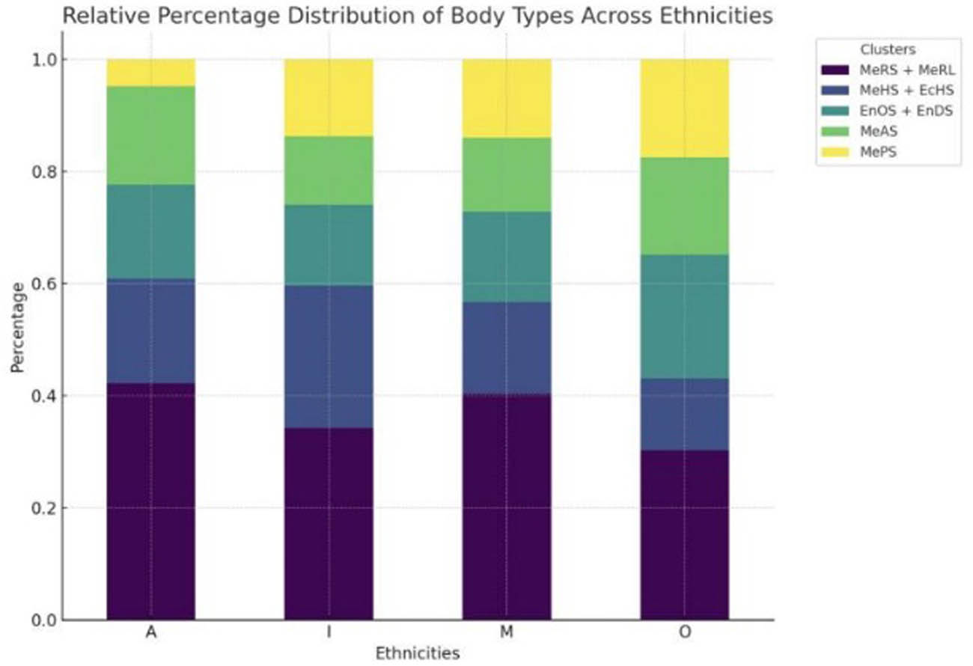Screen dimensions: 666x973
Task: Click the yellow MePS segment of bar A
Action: (151, 73)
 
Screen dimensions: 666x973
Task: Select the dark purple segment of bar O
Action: (684, 534)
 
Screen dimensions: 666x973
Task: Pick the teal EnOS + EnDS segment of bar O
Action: (684, 317)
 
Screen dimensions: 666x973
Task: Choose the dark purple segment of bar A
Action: (151, 501)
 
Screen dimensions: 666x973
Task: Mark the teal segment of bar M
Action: (507, 257)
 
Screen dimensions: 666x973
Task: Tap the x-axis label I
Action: (329, 632)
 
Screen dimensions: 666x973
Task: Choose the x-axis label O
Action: (684, 632)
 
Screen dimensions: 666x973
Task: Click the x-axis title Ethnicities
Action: (417, 653)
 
